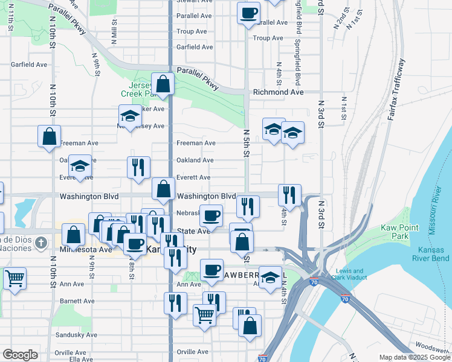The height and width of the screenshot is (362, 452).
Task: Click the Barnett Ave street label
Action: [x=77, y=300]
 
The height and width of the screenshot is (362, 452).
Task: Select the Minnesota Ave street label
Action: [x=86, y=249]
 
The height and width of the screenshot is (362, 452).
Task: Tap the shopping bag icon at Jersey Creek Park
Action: [x=163, y=83]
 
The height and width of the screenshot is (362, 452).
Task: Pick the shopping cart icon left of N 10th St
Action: [x=15, y=278]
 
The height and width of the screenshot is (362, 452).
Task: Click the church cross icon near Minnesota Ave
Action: [x=40, y=243]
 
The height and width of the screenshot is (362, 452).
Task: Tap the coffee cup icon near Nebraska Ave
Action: [x=211, y=215]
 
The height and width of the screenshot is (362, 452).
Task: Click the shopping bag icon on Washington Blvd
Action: [x=163, y=188]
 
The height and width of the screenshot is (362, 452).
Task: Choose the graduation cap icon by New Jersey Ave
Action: [x=129, y=116]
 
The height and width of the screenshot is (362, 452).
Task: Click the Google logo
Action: [x=20, y=355]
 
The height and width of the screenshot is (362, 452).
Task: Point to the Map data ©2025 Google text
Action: [x=414, y=357]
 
